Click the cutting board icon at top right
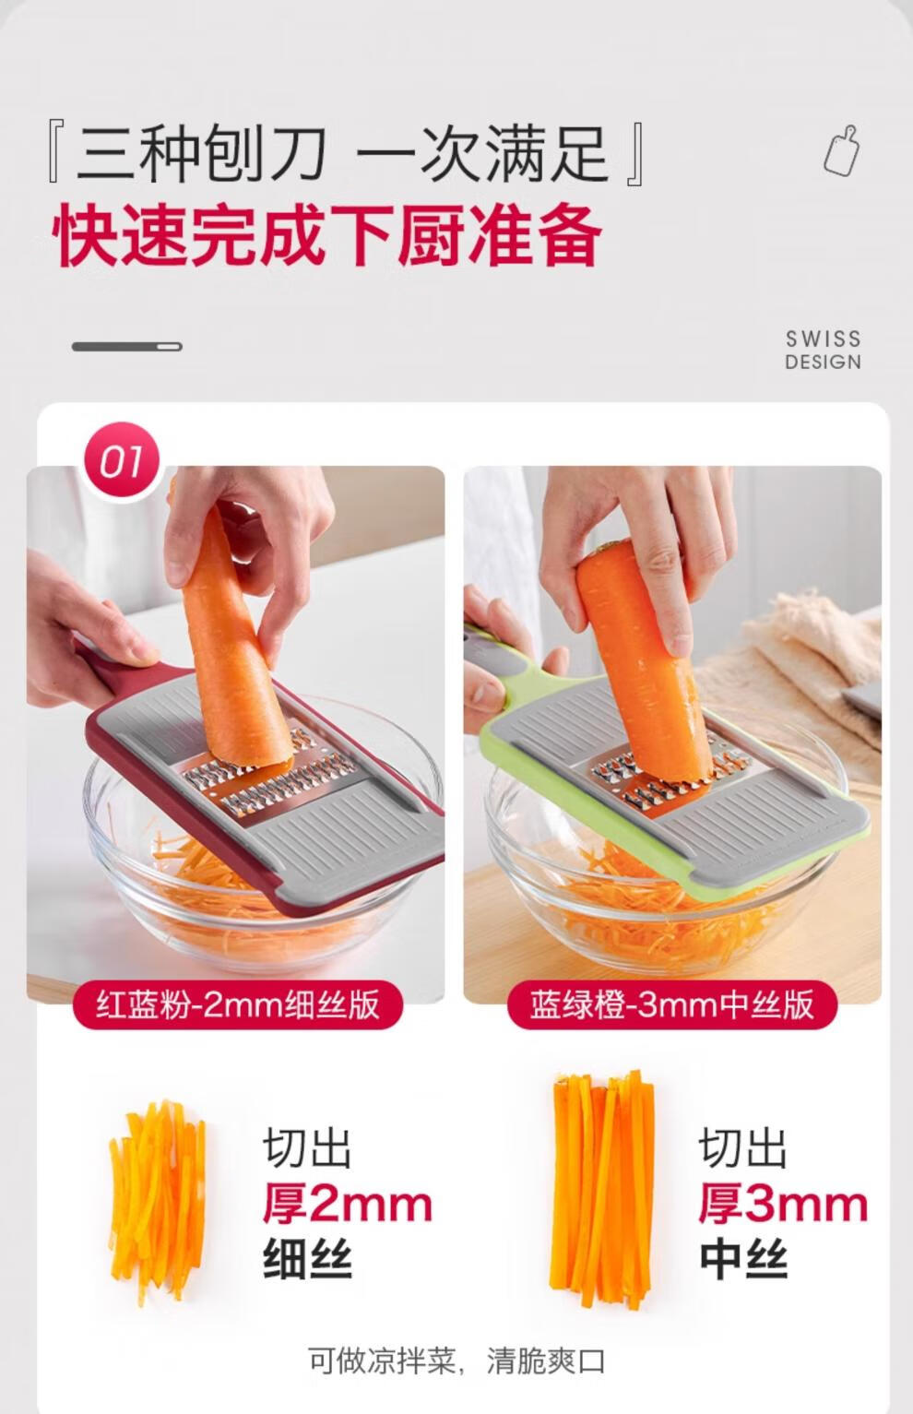point(842,150)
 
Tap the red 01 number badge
point(123,461)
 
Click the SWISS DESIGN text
point(823,351)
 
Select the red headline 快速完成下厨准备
point(326,235)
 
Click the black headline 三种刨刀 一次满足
point(347,154)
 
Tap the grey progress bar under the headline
point(127,347)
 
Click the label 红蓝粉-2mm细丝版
point(238,1004)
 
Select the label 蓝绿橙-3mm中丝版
point(672,1004)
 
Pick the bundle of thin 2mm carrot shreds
point(157,1209)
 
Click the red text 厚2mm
point(348,1205)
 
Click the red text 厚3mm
point(783,1205)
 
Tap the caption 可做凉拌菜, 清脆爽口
point(456,1362)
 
